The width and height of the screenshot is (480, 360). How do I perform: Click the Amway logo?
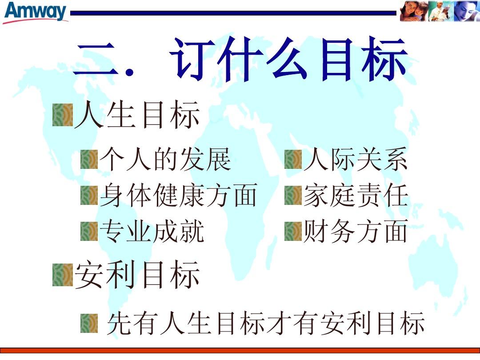[36, 12]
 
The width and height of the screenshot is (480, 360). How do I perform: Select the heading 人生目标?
[137, 116]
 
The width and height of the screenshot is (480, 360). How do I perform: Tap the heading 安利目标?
[137, 275]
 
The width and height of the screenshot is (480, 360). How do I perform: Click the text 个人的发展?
[165, 160]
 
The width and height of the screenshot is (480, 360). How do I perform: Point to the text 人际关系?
[355, 160]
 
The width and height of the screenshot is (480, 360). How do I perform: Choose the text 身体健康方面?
[178, 196]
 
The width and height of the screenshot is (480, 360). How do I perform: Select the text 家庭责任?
[355, 196]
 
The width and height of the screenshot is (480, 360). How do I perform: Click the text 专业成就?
[152, 231]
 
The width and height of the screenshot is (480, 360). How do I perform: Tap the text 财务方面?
[355, 231]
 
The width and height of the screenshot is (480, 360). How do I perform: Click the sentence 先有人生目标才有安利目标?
[265, 324]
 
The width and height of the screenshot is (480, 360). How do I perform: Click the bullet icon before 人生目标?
[62, 115]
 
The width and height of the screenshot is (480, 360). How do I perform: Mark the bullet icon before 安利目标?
[62, 275]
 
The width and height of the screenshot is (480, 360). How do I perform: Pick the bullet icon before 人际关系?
[293, 159]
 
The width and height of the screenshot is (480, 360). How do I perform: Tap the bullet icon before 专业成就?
[89, 231]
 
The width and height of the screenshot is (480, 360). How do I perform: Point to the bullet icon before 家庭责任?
[293, 196]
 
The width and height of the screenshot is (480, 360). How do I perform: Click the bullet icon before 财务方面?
[293, 231]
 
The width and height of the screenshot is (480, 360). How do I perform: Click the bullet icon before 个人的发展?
[89, 159]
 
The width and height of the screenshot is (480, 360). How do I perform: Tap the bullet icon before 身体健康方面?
[89, 196]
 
